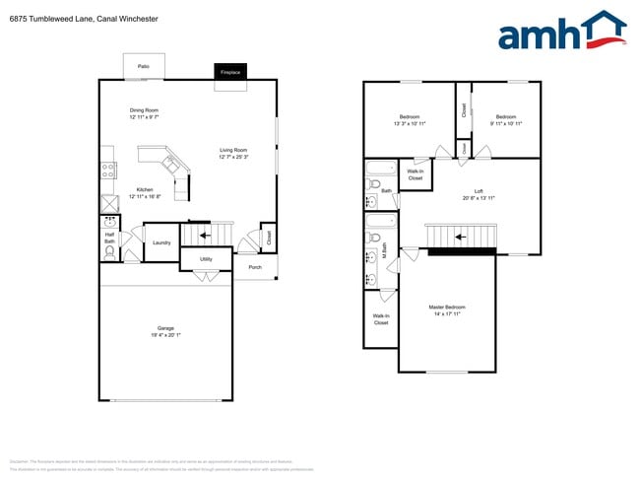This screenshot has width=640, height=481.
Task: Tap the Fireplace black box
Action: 230,72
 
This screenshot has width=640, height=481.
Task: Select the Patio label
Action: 144,66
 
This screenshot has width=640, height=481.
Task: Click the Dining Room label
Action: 144,110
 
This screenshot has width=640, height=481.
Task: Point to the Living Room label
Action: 233,150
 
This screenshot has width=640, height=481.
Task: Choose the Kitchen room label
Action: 144,189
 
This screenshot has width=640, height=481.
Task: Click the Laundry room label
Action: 162,242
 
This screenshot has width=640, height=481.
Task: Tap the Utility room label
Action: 206,259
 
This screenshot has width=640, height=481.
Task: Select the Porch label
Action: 255,266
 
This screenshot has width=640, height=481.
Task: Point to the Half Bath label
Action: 110,238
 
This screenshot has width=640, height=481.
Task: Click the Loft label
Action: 479,191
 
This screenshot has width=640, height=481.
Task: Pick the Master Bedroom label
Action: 447,308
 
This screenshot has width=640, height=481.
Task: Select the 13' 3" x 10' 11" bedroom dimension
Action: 410,124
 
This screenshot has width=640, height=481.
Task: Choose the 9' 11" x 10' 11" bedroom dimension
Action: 505,124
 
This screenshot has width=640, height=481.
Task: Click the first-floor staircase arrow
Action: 206,236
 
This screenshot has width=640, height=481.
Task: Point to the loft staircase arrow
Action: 459,237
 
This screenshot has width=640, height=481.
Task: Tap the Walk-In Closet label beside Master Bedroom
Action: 380,319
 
